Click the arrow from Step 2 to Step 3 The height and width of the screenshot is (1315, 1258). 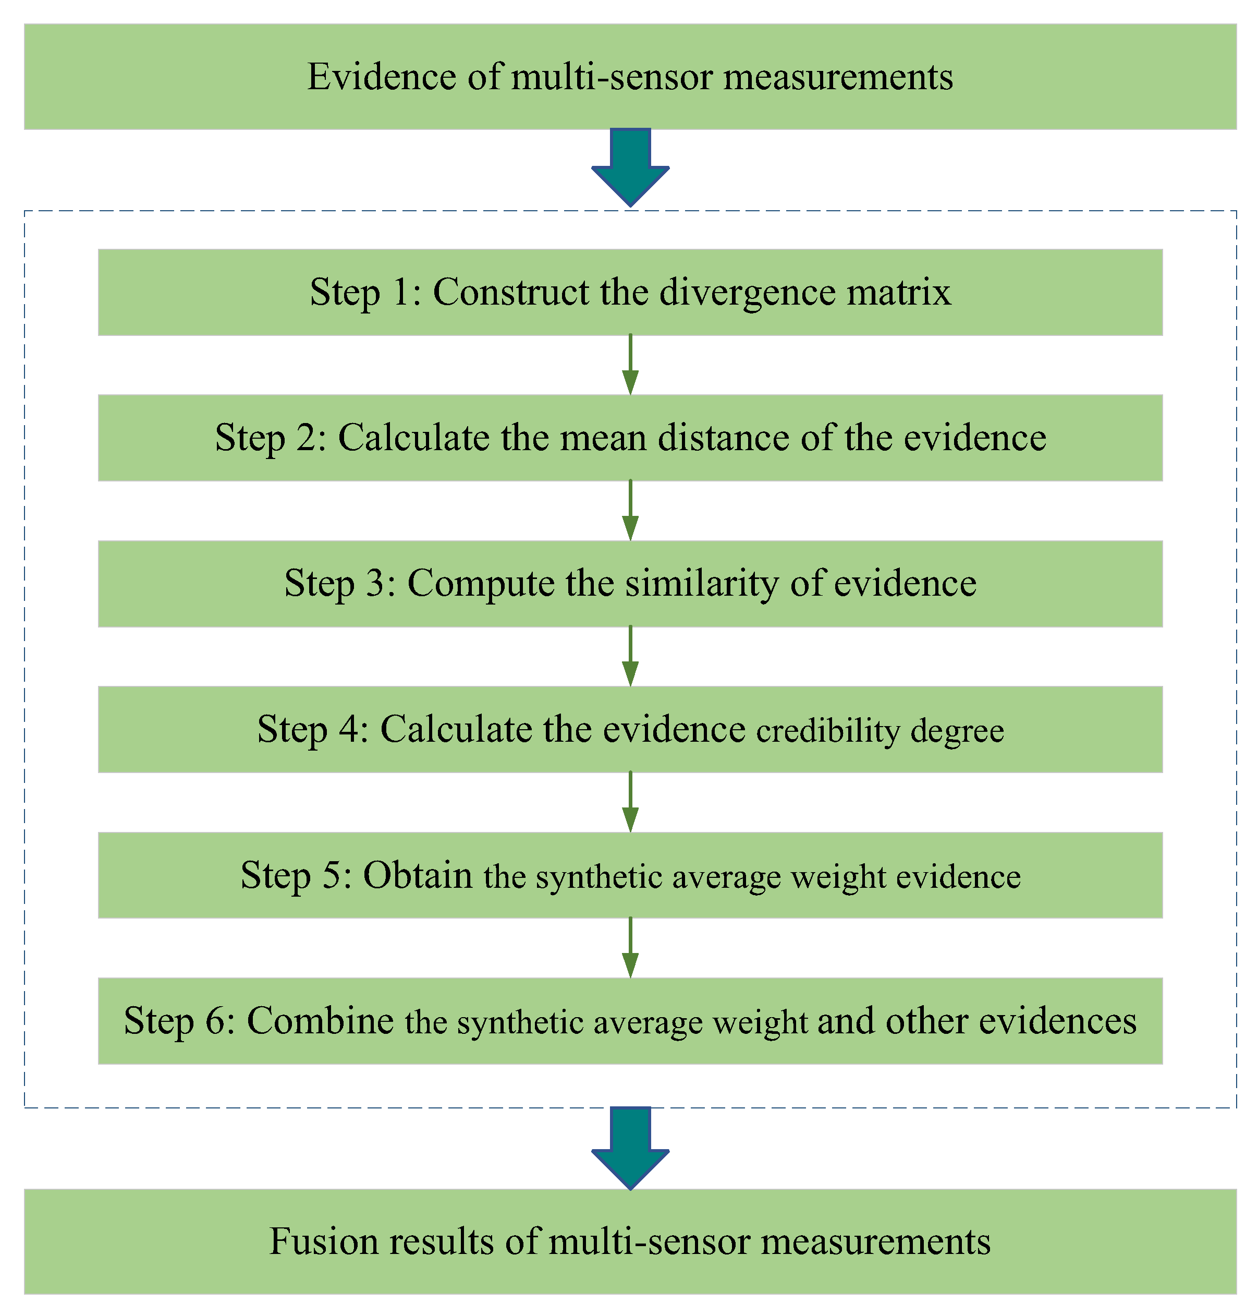point(630,511)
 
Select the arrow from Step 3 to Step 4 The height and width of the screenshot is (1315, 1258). point(630,656)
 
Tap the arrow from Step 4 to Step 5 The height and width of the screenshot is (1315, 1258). point(630,802)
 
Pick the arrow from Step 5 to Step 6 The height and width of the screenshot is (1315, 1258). point(630,948)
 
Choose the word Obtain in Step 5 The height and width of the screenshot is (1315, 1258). point(418,876)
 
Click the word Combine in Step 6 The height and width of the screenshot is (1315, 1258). point(320,1021)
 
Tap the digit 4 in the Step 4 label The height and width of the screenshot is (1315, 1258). point(349,729)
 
